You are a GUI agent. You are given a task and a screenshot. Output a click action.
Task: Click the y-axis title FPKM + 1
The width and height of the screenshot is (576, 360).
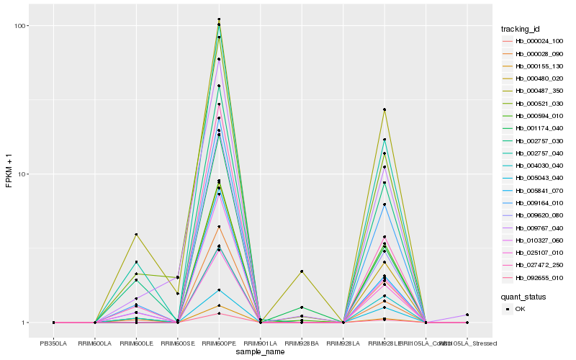9,173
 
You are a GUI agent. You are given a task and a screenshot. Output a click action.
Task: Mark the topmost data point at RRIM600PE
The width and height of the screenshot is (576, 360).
219,19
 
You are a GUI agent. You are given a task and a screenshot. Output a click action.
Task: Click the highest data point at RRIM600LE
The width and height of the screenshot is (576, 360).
136,235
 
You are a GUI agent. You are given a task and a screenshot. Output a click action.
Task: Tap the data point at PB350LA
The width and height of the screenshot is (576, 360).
54,323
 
